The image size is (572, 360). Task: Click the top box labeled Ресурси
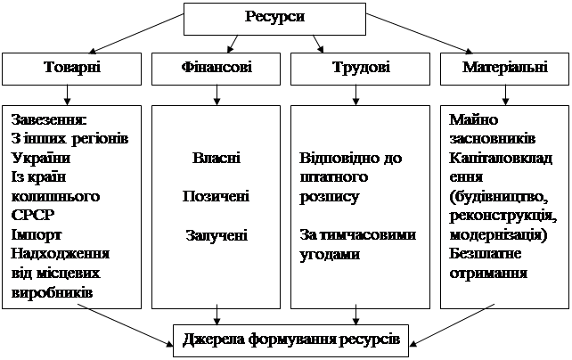point(274,18)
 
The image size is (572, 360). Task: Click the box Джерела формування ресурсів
point(290,339)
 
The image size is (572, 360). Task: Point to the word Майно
point(474,121)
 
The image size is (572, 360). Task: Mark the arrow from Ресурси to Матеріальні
point(423,36)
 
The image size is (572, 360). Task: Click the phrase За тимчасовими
point(356,235)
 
